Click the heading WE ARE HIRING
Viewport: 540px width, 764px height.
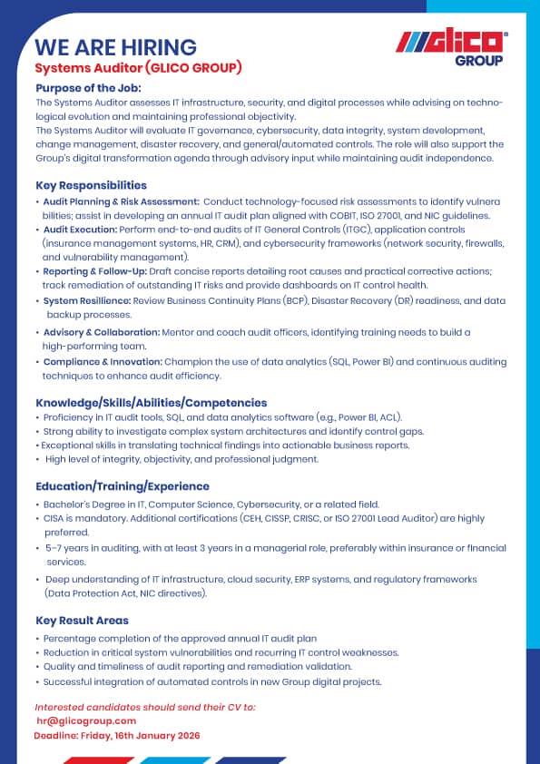[115, 47]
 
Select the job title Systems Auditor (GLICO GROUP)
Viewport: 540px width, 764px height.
[138, 68]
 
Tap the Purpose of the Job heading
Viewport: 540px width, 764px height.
[88, 88]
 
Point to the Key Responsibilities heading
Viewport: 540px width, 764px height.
[91, 185]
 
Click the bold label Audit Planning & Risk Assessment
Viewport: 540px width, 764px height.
[121, 201]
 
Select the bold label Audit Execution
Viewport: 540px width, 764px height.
[81, 230]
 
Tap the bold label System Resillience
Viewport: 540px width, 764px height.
[87, 300]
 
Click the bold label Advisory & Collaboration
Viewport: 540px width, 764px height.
[101, 332]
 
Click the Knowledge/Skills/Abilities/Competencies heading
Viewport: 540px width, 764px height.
[151, 402]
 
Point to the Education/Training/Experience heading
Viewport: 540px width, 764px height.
[123, 485]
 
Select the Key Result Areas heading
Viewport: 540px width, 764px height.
[82, 621]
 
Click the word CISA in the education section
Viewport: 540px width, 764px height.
[54, 518]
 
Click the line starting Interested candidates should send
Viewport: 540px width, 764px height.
[145, 706]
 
